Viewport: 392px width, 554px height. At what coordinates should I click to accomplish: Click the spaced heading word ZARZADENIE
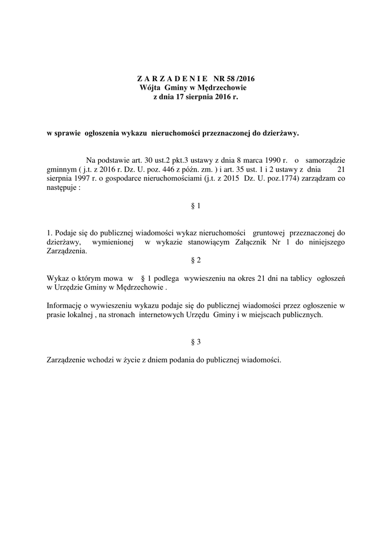[x=169, y=79]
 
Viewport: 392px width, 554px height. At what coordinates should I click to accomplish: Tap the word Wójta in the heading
[x=150, y=88]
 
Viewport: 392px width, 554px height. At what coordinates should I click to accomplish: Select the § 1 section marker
[x=196, y=206]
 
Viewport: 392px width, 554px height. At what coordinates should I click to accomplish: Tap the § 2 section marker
[x=196, y=260]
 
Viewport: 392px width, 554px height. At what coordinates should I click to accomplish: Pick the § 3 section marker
[x=196, y=341]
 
